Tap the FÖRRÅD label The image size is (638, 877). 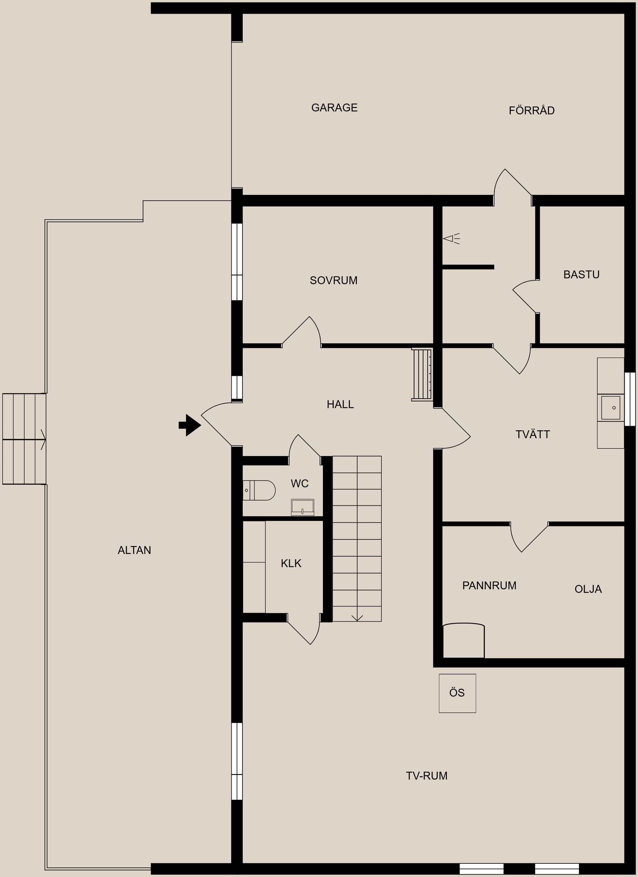(x=532, y=110)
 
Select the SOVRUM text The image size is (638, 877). (x=334, y=280)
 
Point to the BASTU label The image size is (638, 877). (x=581, y=274)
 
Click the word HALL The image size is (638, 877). (x=340, y=404)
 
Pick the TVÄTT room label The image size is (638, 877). (x=532, y=434)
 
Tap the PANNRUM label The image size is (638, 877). (x=489, y=586)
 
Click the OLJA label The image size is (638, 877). (x=588, y=589)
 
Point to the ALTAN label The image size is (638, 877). (x=134, y=550)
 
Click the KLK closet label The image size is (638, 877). (x=291, y=563)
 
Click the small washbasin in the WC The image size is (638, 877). (x=302, y=507)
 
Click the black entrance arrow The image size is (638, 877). (x=190, y=425)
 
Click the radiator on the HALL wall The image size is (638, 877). (x=422, y=374)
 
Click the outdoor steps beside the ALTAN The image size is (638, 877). (x=24, y=439)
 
